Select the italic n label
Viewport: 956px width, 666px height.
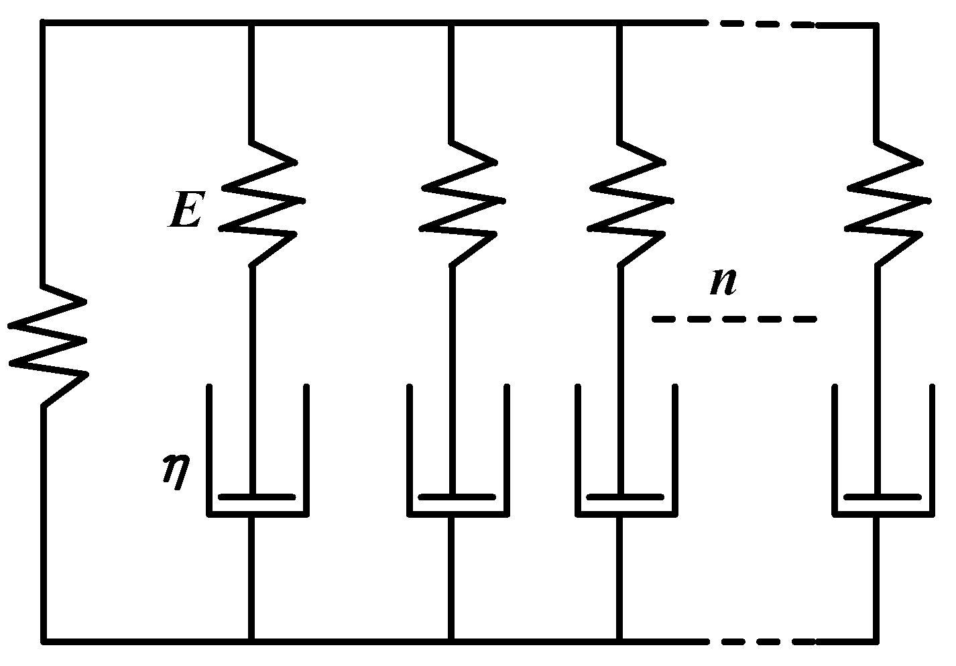pos(724,283)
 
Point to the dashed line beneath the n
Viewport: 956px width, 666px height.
pos(734,319)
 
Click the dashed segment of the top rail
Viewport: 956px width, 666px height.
pos(761,24)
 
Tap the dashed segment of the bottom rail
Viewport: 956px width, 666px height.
pos(761,641)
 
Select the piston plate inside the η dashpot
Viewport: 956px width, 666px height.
pos(257,497)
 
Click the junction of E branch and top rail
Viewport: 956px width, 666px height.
pos(252,24)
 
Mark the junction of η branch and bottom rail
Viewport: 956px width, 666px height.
pos(252,641)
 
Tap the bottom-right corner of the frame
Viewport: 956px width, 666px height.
pos(876,641)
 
